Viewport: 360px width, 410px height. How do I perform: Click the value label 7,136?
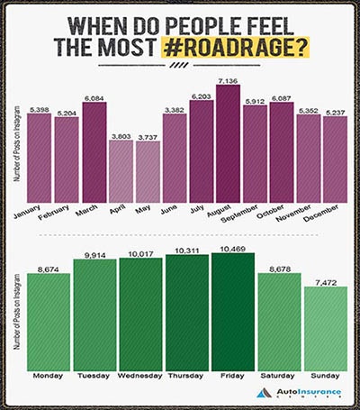[228, 82]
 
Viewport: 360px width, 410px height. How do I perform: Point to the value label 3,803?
[120, 135]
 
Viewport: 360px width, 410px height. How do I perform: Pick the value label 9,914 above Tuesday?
[94, 253]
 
